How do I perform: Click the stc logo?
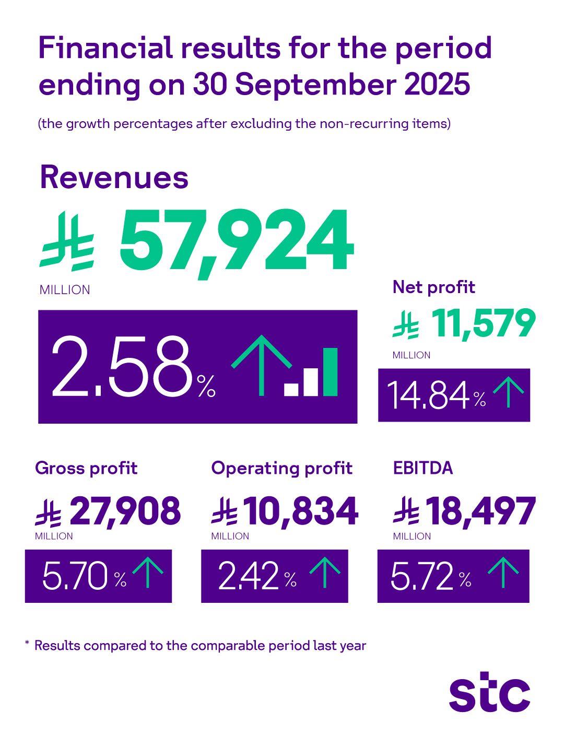click(489, 694)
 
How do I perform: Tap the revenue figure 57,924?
click(237, 244)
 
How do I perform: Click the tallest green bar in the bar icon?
click(330, 371)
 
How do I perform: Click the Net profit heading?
click(433, 287)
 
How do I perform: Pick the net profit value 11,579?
click(483, 324)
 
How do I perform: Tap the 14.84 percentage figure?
click(428, 396)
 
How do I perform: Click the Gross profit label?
click(86, 468)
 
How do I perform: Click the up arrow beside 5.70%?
click(148, 573)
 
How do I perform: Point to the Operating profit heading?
click(281, 468)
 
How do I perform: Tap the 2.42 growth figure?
click(248, 577)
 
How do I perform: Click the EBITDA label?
click(422, 468)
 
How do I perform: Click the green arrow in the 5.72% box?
click(503, 573)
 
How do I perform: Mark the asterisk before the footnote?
click(27, 645)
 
